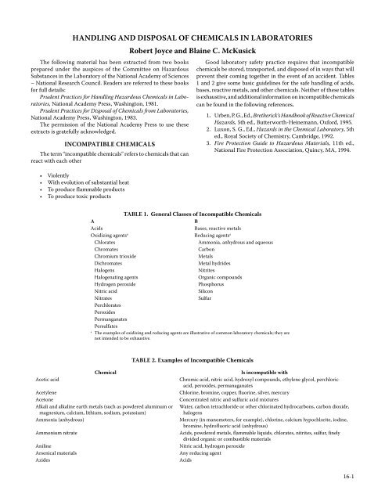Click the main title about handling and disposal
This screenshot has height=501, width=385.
[192, 37]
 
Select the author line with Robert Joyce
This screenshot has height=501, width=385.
[192, 49]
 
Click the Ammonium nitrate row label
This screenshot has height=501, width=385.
[59, 452]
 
